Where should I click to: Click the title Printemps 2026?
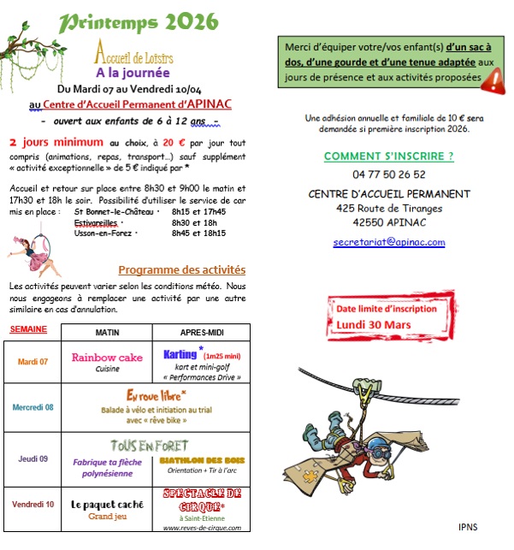point(141,21)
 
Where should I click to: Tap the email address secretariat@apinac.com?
point(388,242)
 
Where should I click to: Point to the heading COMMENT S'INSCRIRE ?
point(388,156)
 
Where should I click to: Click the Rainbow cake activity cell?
point(107,361)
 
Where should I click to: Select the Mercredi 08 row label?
point(32,407)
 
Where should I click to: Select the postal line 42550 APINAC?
point(389,221)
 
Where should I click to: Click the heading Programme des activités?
point(181,269)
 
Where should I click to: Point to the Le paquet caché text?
point(107,504)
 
